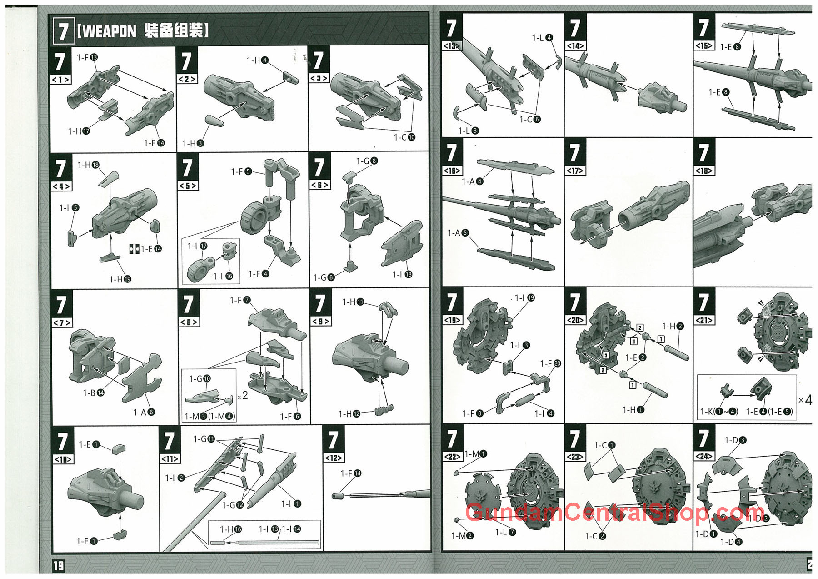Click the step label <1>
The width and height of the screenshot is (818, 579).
click(x=60, y=80)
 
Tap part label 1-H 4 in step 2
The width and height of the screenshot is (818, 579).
click(x=257, y=60)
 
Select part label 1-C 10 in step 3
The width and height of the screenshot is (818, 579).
click(x=404, y=137)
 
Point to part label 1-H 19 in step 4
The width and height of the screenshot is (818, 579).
click(x=120, y=279)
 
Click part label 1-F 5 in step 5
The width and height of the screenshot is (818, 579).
click(x=241, y=171)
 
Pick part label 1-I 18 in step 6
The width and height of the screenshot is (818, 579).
click(x=402, y=274)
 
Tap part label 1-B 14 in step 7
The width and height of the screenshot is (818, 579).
click(x=93, y=393)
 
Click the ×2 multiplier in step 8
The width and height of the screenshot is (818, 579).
click(x=242, y=396)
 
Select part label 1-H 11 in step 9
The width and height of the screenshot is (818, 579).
click(x=353, y=302)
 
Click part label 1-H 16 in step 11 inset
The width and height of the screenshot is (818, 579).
click(x=231, y=529)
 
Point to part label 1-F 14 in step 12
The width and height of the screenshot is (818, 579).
click(x=351, y=473)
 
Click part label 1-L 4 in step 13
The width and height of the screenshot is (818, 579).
click(x=542, y=38)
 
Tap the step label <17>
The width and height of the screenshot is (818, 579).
click(x=575, y=171)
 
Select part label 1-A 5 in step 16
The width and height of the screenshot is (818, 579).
click(x=458, y=233)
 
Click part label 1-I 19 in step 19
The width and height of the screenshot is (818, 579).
click(x=524, y=298)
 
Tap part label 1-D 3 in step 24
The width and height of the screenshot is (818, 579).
click(x=735, y=440)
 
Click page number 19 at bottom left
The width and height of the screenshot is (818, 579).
click(x=59, y=566)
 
